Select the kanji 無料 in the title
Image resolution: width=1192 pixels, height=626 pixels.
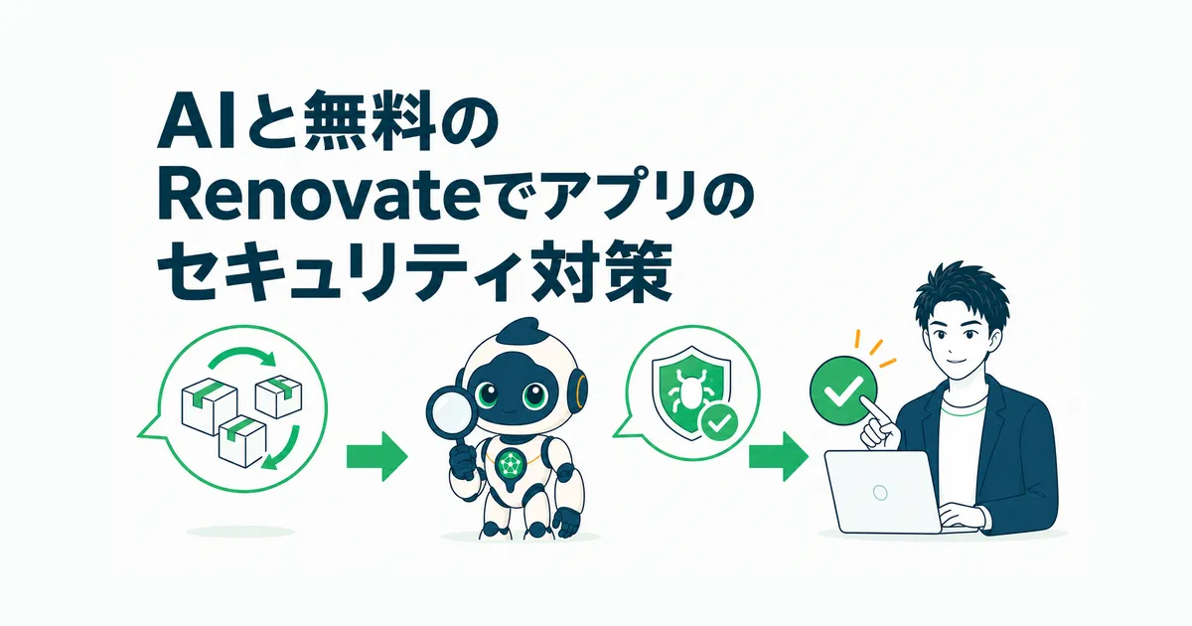371,123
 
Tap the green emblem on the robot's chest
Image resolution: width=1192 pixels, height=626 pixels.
510,464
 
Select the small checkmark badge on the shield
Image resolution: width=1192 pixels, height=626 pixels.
718,423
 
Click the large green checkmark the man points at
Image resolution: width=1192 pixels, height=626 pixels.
843,391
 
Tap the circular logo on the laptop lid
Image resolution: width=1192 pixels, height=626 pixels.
880,492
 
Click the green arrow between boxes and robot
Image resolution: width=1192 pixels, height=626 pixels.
376,456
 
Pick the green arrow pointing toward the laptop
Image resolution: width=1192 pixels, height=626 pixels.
779,456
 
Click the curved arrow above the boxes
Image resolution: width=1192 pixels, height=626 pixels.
242,357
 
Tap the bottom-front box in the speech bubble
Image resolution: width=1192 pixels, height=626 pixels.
242,441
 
